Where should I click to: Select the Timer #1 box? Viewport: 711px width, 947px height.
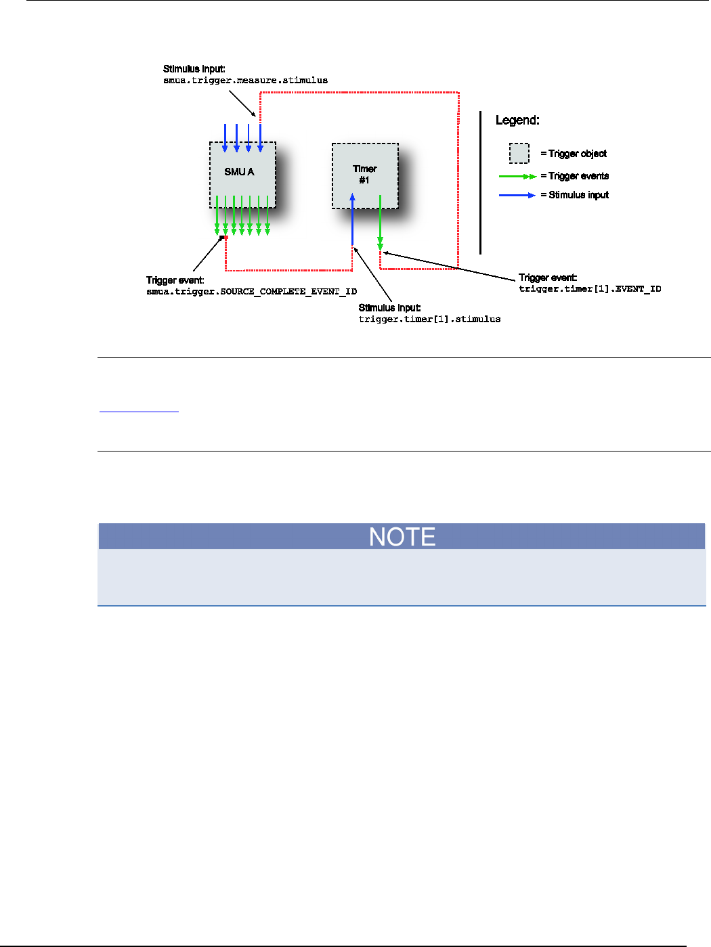pyautogui.click(x=364, y=175)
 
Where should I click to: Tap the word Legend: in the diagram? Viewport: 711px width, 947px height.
pyautogui.click(x=517, y=120)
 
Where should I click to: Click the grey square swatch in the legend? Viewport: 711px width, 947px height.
pyautogui.click(x=519, y=153)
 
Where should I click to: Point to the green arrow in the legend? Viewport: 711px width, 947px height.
pyautogui.click(x=517, y=177)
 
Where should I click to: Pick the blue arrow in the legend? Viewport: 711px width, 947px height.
pyautogui.click(x=517, y=196)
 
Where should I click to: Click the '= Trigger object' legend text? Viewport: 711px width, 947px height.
pyautogui.click(x=574, y=154)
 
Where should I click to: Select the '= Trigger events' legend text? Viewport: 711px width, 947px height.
pyautogui.click(x=574, y=176)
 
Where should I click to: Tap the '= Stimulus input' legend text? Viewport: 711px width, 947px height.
pyautogui.click(x=574, y=195)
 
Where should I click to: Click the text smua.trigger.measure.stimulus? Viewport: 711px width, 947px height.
pyautogui.click(x=245, y=81)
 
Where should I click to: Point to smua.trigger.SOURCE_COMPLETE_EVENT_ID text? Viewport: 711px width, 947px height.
pyautogui.click(x=251, y=292)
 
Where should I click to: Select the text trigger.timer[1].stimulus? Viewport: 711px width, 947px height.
pyautogui.click(x=429, y=319)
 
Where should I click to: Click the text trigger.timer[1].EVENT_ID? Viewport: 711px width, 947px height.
pyautogui.click(x=590, y=289)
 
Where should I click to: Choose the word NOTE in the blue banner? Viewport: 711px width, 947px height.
pyautogui.click(x=402, y=537)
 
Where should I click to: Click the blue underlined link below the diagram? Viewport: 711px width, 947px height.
pyautogui.click(x=139, y=410)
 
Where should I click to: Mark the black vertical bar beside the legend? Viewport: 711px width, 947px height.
pyautogui.click(x=480, y=183)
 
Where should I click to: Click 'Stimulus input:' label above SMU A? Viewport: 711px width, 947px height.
pyautogui.click(x=194, y=69)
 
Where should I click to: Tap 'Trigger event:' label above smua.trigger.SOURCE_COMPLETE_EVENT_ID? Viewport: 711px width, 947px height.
pyautogui.click(x=175, y=280)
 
